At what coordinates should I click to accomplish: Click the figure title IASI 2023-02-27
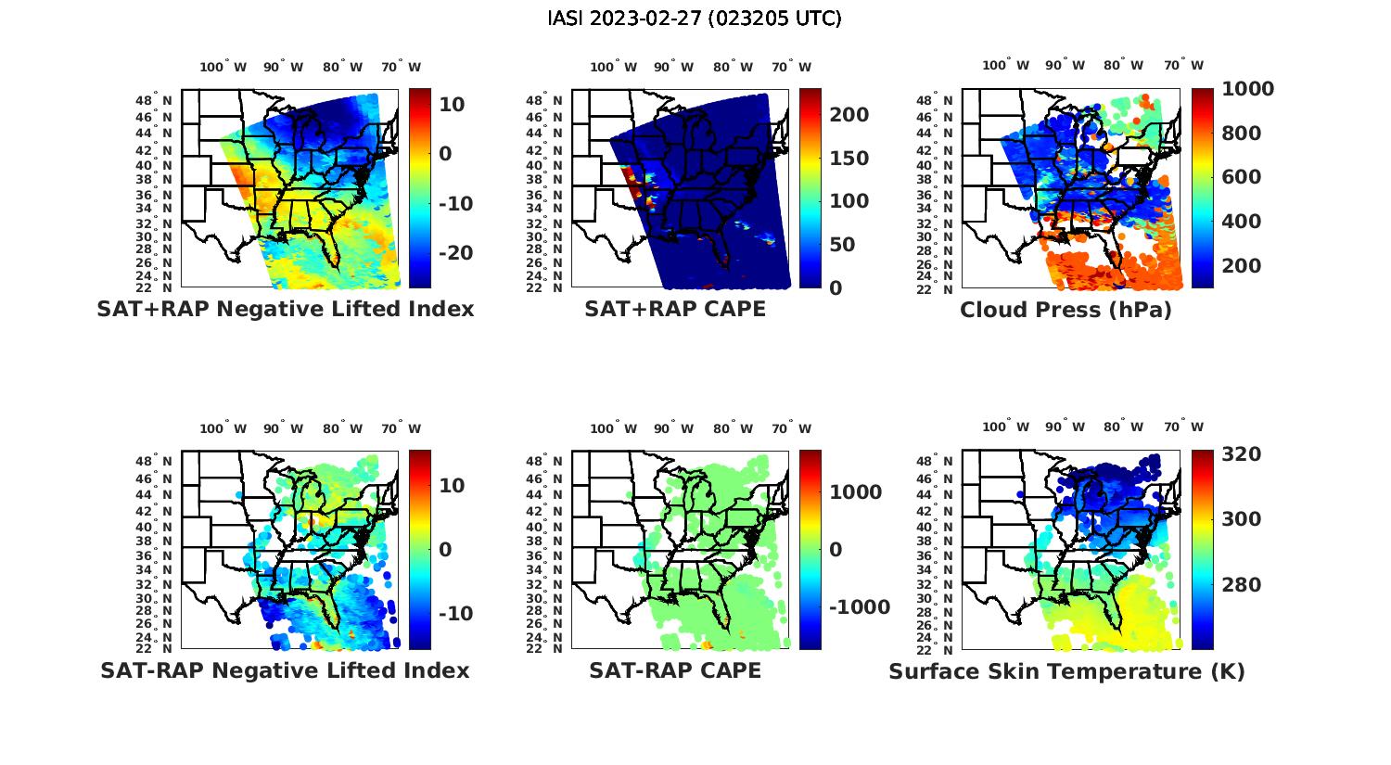click(x=695, y=19)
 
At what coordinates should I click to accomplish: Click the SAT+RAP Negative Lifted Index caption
click(x=285, y=309)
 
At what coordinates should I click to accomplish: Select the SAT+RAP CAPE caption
click(x=675, y=309)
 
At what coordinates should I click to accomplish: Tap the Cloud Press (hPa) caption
click(x=1066, y=310)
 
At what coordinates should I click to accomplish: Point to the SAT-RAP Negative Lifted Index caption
click(x=285, y=670)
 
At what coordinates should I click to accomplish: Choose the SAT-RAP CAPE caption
click(x=675, y=670)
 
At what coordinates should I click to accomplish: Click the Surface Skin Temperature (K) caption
click(x=1066, y=671)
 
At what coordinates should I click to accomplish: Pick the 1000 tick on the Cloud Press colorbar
click(x=1247, y=89)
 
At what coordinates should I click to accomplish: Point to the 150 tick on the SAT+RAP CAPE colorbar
click(x=849, y=159)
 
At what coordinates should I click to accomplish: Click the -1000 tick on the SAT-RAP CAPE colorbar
click(x=860, y=607)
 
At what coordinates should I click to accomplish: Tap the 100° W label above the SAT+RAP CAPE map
click(x=613, y=67)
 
